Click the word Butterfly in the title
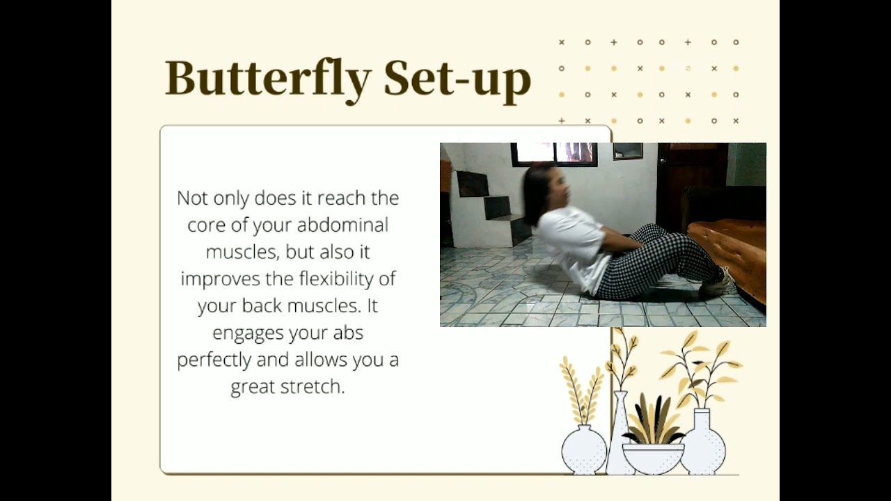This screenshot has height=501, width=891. coord(269,79)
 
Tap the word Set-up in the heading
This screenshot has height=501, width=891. coord(457,79)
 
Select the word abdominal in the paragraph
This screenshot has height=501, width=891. coord(342,225)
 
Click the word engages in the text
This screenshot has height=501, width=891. coord(246,333)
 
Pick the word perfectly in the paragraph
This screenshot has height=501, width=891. coord(214,360)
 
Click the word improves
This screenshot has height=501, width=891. coord(221,279)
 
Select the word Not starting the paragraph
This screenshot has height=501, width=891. coord(193,198)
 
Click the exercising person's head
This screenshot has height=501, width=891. coord(546,188)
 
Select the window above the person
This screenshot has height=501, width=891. coord(553,154)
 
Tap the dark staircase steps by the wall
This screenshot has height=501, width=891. coord(491,205)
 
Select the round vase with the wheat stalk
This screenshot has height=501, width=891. coord(583,449)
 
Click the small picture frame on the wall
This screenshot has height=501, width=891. coord(627,151)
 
